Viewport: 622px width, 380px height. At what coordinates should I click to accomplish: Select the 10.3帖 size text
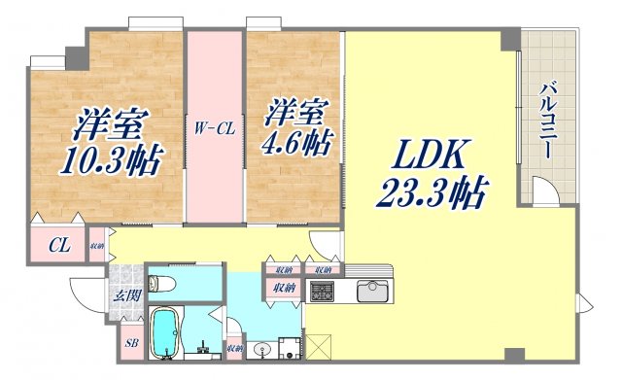[109, 157]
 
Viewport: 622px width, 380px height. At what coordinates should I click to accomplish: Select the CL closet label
[59, 245]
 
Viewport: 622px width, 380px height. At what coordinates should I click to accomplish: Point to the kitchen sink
[373, 291]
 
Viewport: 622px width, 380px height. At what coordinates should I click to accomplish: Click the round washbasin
[259, 351]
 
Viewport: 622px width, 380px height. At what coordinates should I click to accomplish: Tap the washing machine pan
[289, 349]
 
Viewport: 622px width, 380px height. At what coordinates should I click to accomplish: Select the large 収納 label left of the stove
[284, 288]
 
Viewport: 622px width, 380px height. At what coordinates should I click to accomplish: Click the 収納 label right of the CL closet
[97, 245]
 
